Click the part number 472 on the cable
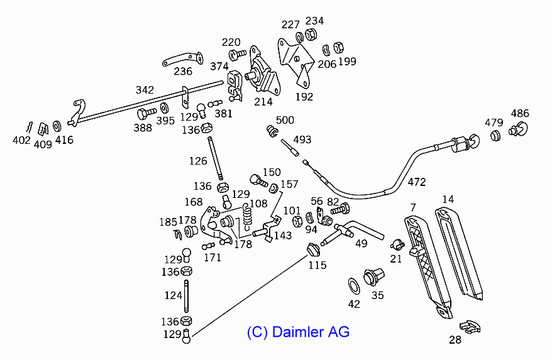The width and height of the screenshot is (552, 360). coord(416,182)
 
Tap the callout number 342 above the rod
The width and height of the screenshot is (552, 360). coord(145,90)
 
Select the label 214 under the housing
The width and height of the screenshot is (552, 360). coord(263,101)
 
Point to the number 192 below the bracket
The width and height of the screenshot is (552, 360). coord(304,97)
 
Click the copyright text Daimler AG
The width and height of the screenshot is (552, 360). coord(298,331)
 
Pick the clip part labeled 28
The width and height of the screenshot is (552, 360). coord(470,326)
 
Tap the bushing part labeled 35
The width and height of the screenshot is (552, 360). coord(375,276)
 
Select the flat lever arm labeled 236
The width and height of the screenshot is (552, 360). coord(182,60)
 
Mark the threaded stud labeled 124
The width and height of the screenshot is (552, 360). coord(187,296)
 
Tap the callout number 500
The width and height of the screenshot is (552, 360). coord(285,120)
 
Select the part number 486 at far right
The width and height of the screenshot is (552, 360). coord(520,114)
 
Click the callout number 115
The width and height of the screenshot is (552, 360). coord(317,265)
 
